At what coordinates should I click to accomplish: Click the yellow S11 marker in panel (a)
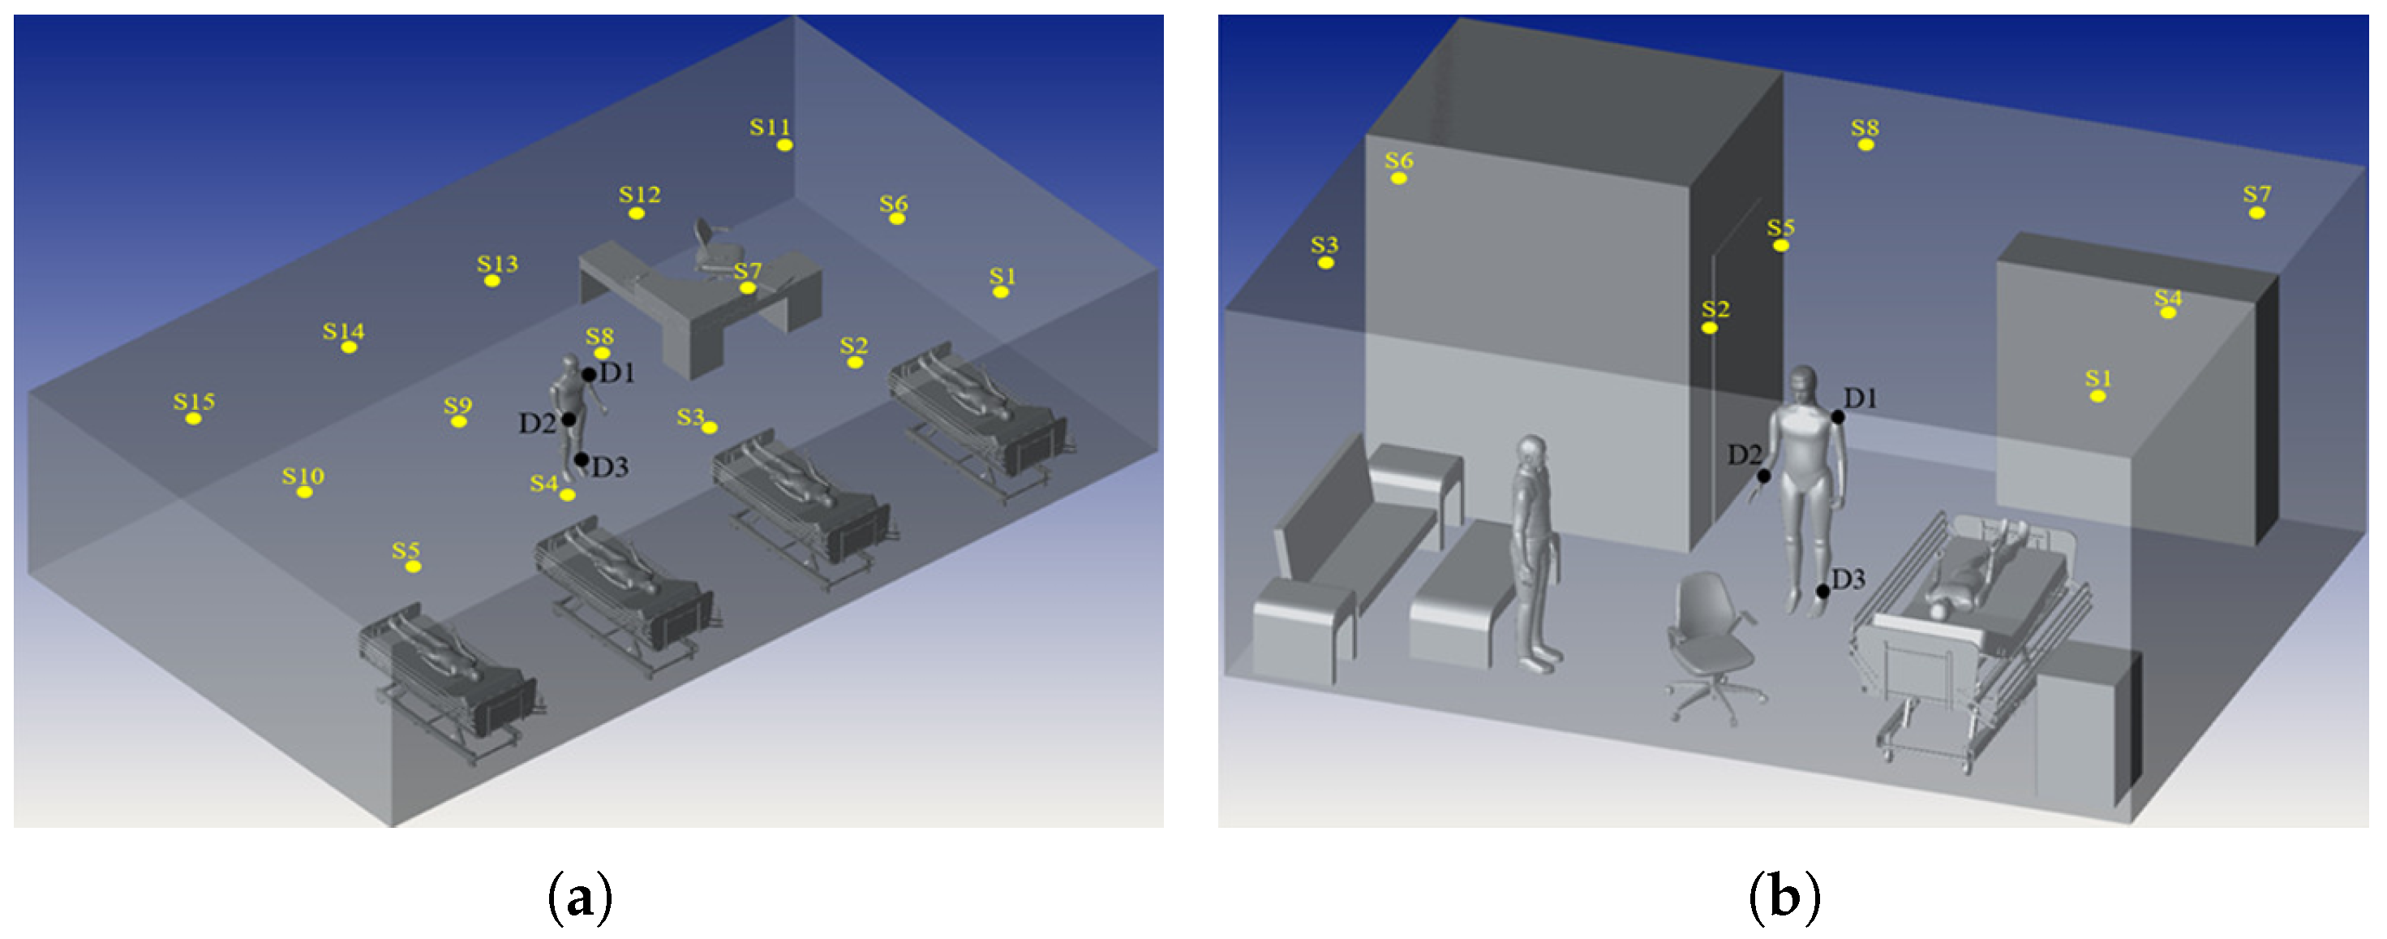pos(784,144)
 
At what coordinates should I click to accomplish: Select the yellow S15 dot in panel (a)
pos(194,419)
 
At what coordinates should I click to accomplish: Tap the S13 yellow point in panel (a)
pos(492,281)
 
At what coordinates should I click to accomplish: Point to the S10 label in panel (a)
pos(303,476)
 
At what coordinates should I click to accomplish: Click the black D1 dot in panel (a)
pos(588,374)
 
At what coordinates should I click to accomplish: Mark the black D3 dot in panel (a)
pos(581,459)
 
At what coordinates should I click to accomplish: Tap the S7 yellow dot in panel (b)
pos(2256,213)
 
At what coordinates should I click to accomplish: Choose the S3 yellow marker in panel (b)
pos(1326,263)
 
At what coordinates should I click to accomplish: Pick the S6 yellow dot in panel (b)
pos(1398,178)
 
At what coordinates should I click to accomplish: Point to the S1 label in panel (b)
pos(2098,378)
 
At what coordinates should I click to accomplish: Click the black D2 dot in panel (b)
pos(1764,476)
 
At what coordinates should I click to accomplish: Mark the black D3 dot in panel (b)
pos(1822,592)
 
